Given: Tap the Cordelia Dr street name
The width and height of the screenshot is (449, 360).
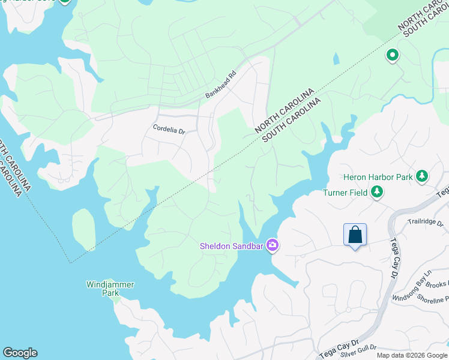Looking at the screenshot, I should [x=169, y=128].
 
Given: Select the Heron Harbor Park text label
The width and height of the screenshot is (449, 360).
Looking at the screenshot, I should [x=378, y=177].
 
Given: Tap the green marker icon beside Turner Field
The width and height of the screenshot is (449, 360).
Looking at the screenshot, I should [x=378, y=192].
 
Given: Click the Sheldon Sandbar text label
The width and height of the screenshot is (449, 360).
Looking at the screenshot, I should [x=232, y=245].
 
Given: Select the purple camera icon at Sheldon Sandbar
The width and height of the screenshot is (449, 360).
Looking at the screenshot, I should [x=273, y=245].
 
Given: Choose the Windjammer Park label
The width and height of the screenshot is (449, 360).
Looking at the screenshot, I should [x=110, y=289].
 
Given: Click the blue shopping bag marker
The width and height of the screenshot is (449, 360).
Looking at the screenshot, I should [x=355, y=234].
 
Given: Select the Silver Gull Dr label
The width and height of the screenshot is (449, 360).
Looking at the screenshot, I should [x=358, y=347].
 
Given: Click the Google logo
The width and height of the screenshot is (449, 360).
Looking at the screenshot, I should [x=20, y=353].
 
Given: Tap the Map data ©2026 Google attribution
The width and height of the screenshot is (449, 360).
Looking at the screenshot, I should [x=412, y=355].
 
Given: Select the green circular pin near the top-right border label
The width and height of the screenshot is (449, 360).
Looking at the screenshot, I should [x=392, y=55].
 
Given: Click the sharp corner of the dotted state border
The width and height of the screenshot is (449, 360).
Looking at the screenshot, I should [x=70, y=262].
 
